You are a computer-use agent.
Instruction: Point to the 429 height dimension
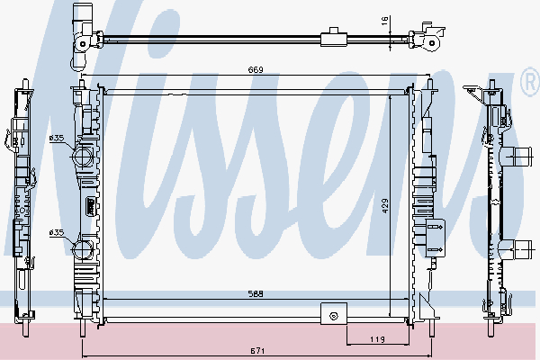pos(384,205)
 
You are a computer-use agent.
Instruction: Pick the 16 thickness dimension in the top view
pos(383,19)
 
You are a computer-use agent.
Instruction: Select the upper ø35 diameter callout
pos(56,138)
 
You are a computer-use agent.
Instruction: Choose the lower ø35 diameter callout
pos(56,232)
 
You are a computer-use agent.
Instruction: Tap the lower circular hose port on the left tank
pos(84,249)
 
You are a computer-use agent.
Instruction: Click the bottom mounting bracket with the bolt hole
pos(334,315)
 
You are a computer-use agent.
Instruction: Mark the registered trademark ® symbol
pos(529,85)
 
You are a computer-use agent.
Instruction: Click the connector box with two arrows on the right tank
pos(435,238)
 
